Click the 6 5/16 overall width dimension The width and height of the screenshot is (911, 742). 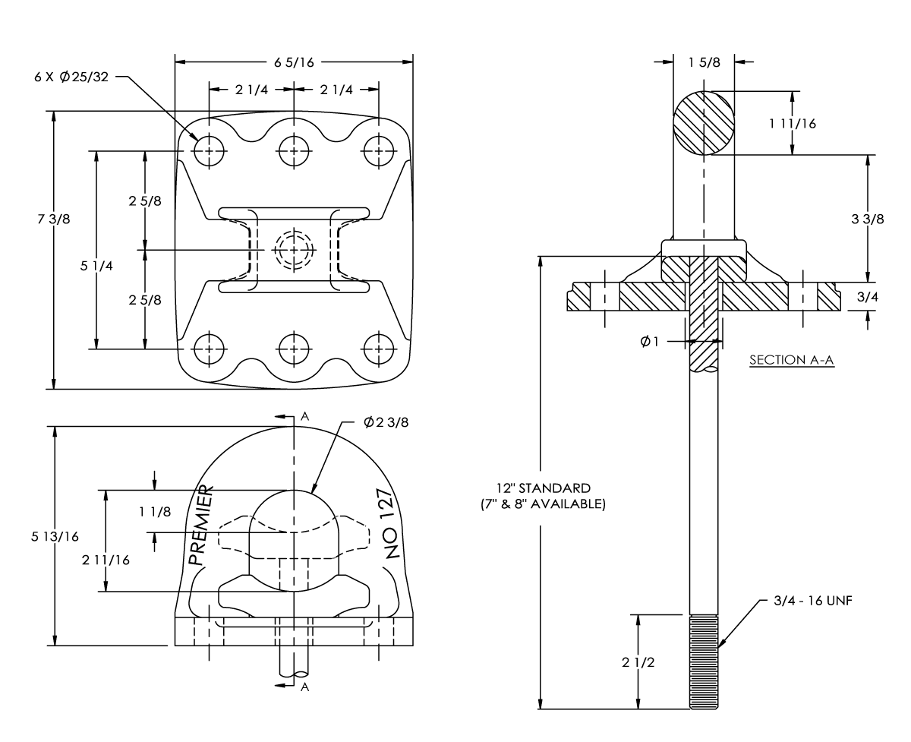[294, 62]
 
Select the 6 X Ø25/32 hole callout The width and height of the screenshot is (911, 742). [71, 77]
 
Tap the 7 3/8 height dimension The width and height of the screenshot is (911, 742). [53, 219]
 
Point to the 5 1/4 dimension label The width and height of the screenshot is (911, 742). [96, 266]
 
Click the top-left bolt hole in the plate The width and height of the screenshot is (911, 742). [209, 151]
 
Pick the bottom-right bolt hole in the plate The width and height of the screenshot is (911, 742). [379, 349]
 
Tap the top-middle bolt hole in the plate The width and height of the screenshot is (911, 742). [294, 151]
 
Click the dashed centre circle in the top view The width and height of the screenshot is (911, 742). [294, 249]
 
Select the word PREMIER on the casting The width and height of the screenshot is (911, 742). [200, 525]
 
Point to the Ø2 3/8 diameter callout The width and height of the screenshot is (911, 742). [386, 422]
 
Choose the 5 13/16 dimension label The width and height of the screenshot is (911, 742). [55, 537]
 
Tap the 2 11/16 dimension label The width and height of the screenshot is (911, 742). [106, 560]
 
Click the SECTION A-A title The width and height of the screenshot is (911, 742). [791, 360]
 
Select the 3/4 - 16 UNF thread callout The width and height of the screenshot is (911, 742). [812, 601]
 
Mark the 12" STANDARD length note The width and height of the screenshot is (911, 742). [543, 496]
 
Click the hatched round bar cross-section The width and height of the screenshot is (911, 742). [704, 123]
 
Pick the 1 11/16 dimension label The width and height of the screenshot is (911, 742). [793, 124]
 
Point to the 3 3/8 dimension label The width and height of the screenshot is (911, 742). [868, 219]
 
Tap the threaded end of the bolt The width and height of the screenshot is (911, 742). [704, 661]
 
